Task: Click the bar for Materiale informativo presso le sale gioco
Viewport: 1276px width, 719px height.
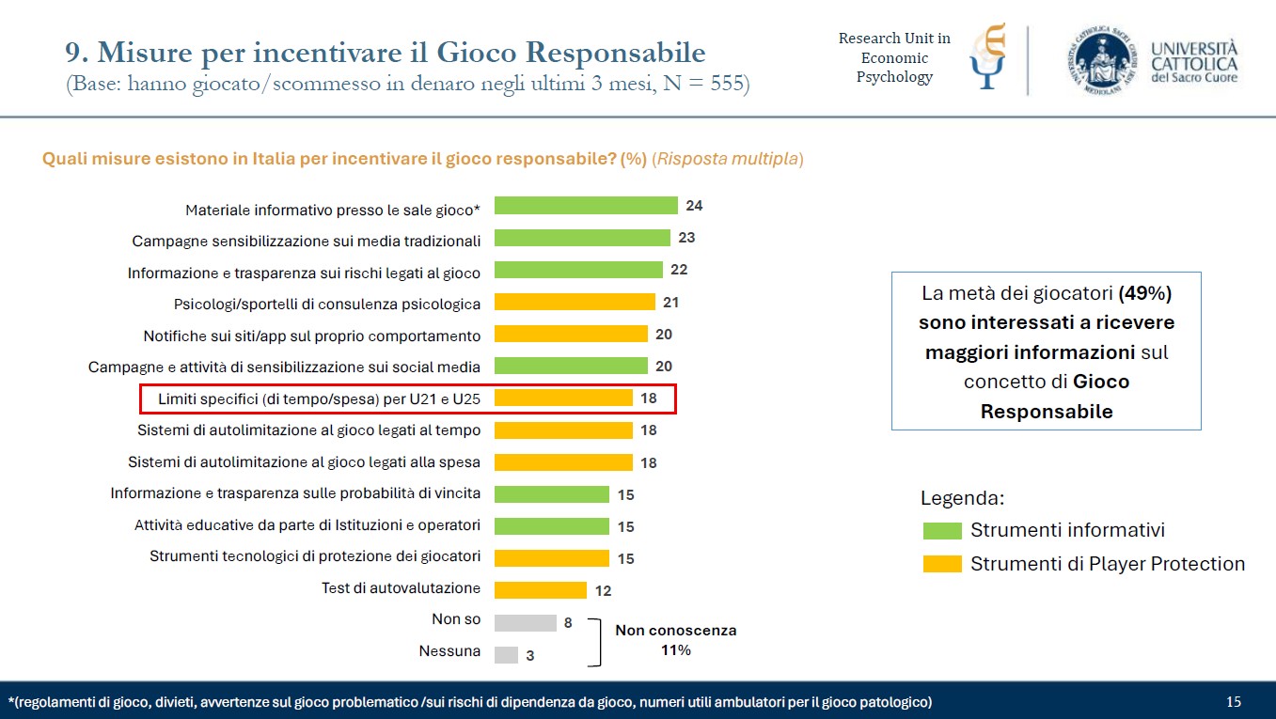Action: (x=586, y=206)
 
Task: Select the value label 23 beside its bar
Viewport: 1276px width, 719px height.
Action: (x=687, y=238)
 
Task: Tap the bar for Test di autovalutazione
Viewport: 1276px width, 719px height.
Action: (x=541, y=590)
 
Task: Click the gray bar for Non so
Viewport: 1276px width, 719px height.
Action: (x=525, y=622)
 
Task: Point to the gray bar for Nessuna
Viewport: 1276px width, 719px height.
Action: (x=506, y=654)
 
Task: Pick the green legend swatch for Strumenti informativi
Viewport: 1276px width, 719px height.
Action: (x=942, y=531)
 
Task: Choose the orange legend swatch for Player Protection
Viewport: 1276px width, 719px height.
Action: (x=942, y=564)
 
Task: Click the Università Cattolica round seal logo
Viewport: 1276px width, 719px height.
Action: (x=1101, y=60)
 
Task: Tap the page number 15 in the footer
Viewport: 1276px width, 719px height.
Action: (x=1234, y=702)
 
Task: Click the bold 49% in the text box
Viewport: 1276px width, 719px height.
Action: (x=1144, y=293)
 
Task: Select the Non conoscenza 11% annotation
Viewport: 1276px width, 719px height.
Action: (x=675, y=640)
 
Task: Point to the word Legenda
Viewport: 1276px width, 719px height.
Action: (x=963, y=498)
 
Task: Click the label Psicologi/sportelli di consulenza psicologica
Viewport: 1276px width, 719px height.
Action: (x=327, y=304)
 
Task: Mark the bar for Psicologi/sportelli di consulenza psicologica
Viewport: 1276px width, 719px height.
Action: (x=575, y=302)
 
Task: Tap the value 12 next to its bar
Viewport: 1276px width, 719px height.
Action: (x=603, y=591)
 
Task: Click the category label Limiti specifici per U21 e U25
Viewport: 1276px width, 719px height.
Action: (x=319, y=399)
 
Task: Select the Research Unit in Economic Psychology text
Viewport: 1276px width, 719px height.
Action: (x=894, y=57)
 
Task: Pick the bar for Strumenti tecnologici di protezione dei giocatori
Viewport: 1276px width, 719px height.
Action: (x=552, y=558)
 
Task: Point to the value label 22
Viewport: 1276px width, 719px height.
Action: (x=679, y=270)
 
